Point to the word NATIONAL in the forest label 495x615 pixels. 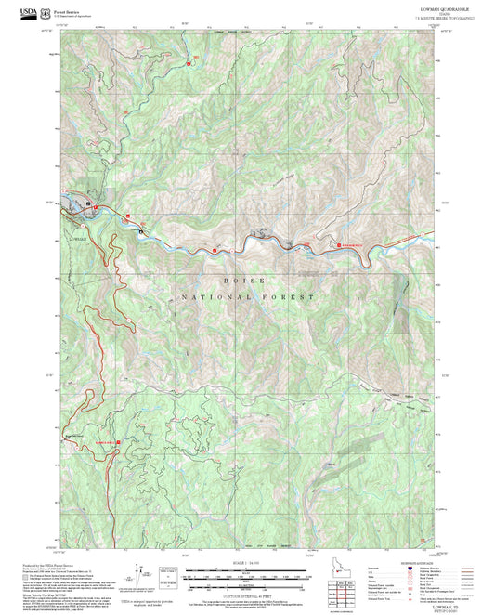210,297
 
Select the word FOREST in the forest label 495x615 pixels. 288,297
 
